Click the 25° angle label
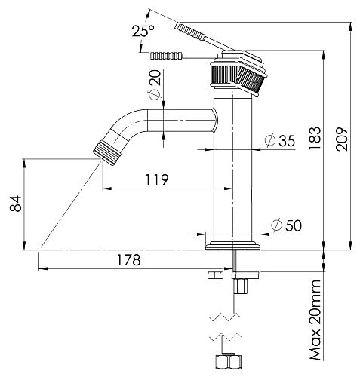(x=143, y=31)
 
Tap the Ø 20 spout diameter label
(x=155, y=85)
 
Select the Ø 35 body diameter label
(x=280, y=140)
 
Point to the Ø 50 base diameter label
(x=286, y=225)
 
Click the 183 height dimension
(x=315, y=138)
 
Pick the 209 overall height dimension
(x=341, y=139)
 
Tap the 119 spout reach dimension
(x=157, y=179)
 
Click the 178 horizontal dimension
(x=129, y=260)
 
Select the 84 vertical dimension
(x=16, y=204)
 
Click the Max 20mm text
(x=315, y=320)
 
